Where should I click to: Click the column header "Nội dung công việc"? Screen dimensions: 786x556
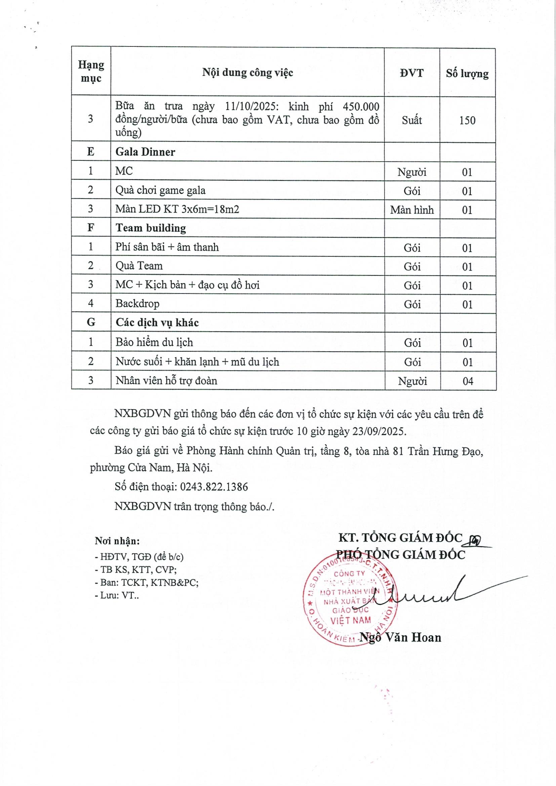click(x=247, y=72)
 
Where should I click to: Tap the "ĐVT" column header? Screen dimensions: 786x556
click(x=411, y=73)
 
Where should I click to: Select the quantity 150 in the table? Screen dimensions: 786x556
click(x=467, y=120)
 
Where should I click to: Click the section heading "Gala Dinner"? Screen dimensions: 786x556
click(x=145, y=152)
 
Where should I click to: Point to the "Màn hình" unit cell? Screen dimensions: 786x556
click(x=412, y=209)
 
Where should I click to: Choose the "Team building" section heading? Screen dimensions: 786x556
click(x=151, y=228)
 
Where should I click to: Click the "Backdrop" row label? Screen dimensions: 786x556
click(x=137, y=304)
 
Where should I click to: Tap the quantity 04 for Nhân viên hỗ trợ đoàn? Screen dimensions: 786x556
click(x=468, y=381)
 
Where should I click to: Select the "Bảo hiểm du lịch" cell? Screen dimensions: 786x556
click(x=154, y=342)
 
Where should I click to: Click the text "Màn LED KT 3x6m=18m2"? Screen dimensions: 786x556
click(x=177, y=209)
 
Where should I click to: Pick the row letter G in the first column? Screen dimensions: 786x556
click(x=91, y=322)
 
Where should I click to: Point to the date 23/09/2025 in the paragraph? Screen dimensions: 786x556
click(x=379, y=431)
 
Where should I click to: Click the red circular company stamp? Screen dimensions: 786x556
click(x=351, y=604)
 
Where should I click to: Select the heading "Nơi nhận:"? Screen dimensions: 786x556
click(x=117, y=541)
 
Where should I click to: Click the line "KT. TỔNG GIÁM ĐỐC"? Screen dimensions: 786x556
click(x=400, y=538)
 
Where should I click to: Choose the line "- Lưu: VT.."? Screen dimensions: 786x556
click(x=117, y=595)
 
